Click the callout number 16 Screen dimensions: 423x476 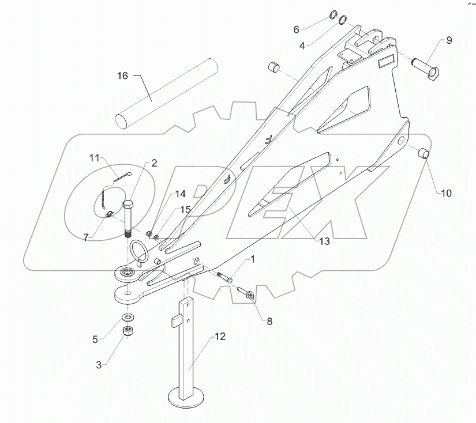pos(122,75)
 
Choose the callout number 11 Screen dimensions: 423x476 pos(95,157)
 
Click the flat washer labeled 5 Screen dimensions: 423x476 pos(128,318)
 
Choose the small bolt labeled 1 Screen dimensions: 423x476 pos(225,278)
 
